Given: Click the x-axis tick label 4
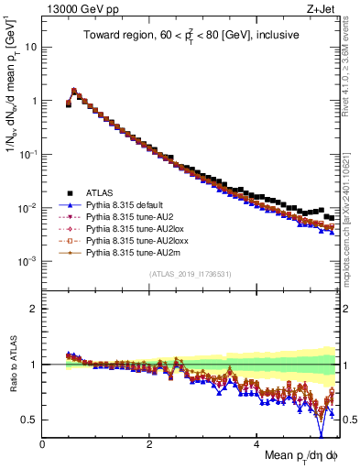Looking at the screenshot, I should tap(257, 444).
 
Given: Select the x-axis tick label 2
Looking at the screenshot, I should tap(149, 444).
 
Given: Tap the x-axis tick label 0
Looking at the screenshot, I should tap(42, 444).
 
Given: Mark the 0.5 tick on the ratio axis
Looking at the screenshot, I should tap(30, 420).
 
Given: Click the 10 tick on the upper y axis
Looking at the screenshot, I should tap(30, 47).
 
